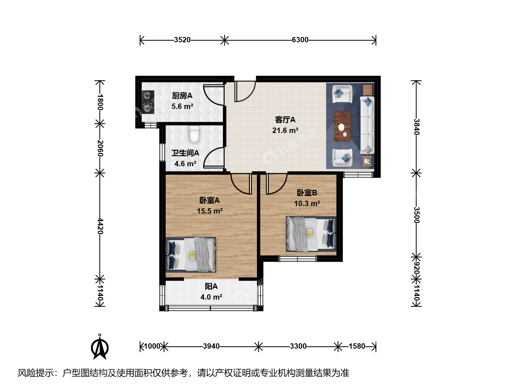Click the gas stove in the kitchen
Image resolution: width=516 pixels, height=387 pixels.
[x=148, y=102]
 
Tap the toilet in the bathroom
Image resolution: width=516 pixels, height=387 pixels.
[x=194, y=134]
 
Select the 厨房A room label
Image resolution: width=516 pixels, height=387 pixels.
[x=182, y=96]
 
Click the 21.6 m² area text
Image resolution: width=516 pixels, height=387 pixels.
[x=285, y=130]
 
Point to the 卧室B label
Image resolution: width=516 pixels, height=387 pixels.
[x=307, y=193]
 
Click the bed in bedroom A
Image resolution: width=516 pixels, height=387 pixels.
[x=191, y=255]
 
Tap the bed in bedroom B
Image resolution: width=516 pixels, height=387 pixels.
[x=311, y=234]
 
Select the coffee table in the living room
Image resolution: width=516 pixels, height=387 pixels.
[x=343, y=126]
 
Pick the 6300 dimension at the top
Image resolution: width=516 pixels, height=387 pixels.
[x=300, y=40]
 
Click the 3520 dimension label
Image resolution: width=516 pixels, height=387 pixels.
[x=182, y=40]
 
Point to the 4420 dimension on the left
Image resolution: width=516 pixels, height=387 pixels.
[x=100, y=226]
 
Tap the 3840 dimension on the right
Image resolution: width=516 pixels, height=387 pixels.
[x=416, y=127]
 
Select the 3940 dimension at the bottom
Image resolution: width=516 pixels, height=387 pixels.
[x=211, y=346]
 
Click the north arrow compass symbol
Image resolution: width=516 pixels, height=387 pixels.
[x=100, y=347]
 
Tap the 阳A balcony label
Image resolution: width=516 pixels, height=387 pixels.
[x=211, y=286]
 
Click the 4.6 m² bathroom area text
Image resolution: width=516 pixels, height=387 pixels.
[x=185, y=164]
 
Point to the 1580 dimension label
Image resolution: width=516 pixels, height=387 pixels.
[x=357, y=346]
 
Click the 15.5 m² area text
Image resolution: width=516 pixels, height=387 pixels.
[x=210, y=211]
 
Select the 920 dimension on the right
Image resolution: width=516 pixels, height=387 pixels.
[x=416, y=268]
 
